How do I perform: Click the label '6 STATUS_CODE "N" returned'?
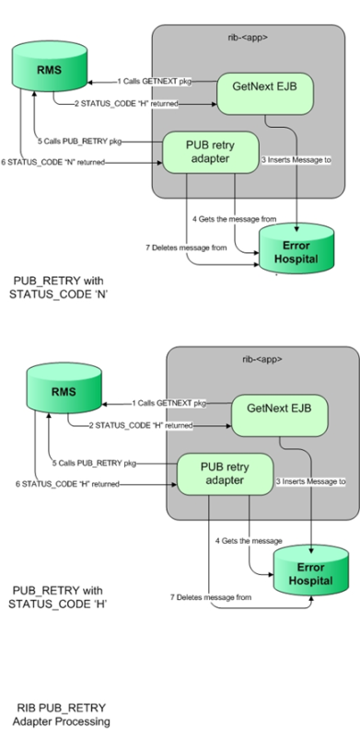[57, 162]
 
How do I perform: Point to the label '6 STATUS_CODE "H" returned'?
[64, 482]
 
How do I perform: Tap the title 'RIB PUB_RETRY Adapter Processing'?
[63, 713]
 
